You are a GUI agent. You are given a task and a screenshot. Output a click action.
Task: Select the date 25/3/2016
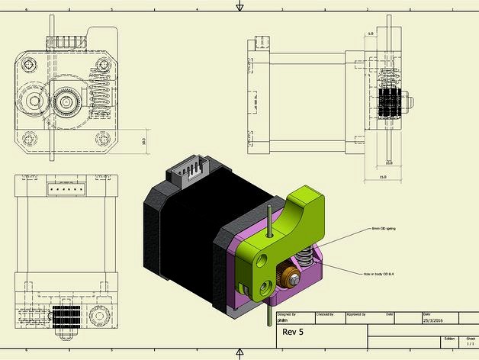tap(432, 321)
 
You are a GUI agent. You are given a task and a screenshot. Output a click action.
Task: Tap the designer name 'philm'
tap(284, 321)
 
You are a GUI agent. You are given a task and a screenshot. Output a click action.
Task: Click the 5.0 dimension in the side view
tap(370, 34)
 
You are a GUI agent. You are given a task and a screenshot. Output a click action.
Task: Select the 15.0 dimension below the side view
tap(383, 177)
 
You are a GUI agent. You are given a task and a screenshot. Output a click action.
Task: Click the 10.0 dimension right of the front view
tap(144, 141)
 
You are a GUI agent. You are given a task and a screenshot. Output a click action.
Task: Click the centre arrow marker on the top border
tap(239, 7)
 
